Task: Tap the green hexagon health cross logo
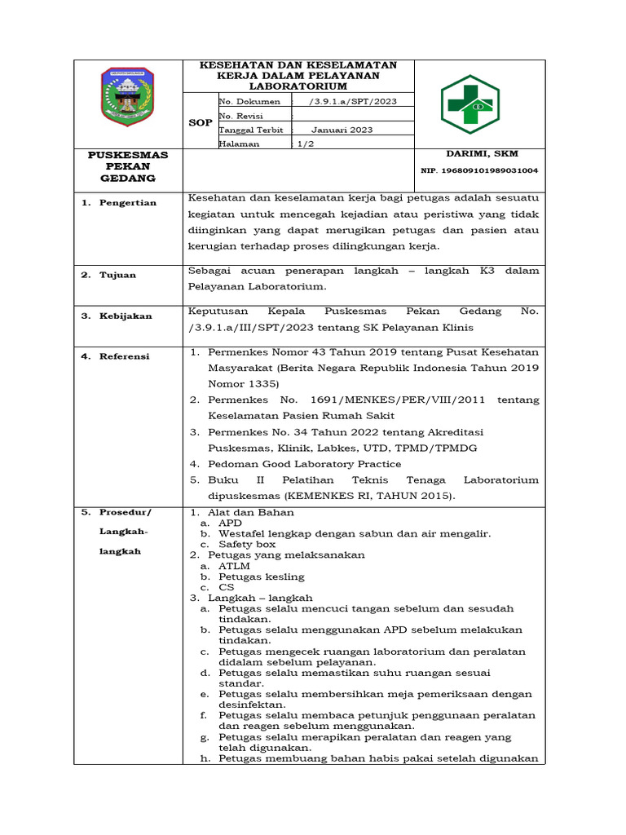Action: [x=469, y=104]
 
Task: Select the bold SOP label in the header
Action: [x=200, y=122]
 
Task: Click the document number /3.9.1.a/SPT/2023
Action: [x=348, y=101]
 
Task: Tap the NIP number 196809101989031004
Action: [x=479, y=171]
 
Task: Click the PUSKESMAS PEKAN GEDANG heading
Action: [x=128, y=166]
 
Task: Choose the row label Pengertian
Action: [x=127, y=202]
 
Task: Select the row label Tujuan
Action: [x=118, y=275]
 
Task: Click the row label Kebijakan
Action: [x=126, y=316]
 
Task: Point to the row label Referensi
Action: [x=125, y=356]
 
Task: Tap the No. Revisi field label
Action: [x=240, y=116]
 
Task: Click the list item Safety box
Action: [x=247, y=544]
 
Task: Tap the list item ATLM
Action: [x=234, y=565]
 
